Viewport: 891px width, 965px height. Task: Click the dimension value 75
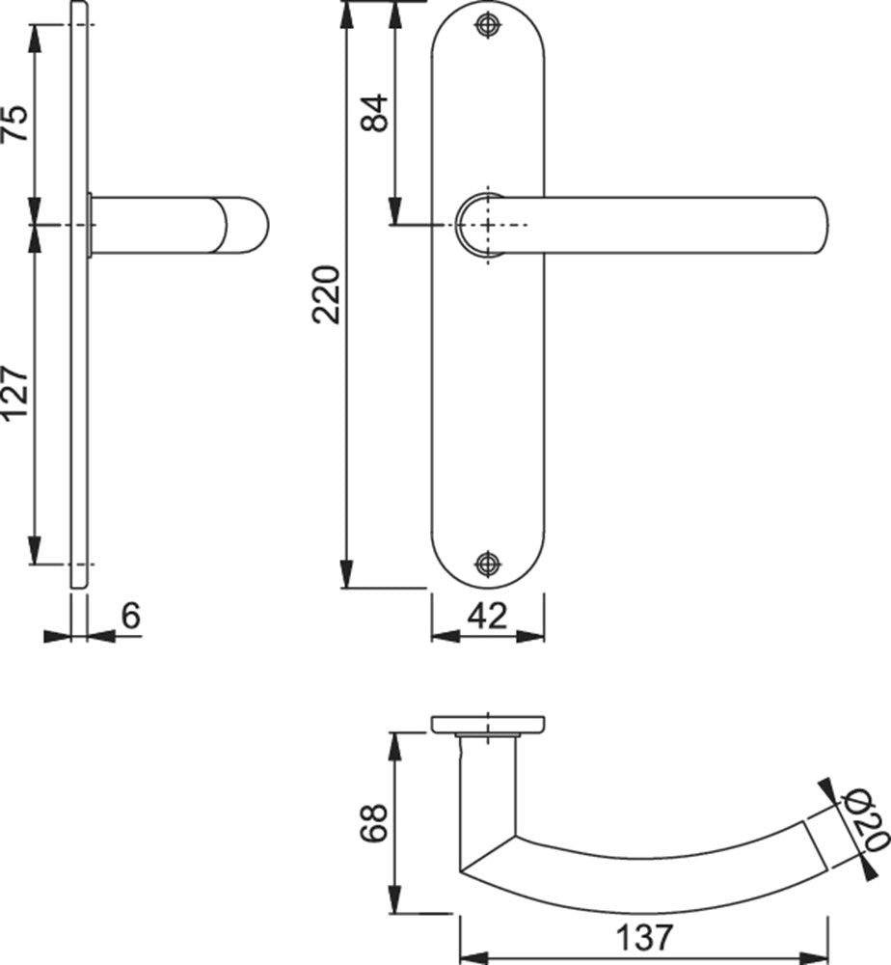coord(16,124)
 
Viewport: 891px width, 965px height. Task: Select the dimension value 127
coord(16,395)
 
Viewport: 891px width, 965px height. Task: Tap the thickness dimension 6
coord(130,616)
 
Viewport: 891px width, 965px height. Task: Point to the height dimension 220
coord(326,294)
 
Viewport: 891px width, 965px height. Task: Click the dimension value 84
coord(375,113)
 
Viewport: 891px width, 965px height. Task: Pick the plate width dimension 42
coord(488,616)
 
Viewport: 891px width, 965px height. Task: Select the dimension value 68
coord(374,822)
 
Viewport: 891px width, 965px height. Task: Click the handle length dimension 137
coord(644,937)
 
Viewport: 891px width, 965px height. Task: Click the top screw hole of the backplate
coord(488,25)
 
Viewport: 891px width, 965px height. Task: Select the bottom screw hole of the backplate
coord(488,564)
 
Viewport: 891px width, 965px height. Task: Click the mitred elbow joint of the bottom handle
coord(487,854)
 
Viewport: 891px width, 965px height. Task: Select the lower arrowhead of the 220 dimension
coord(347,574)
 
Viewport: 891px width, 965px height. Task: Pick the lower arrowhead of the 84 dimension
coord(395,210)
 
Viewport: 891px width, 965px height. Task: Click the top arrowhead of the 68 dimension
coord(394,747)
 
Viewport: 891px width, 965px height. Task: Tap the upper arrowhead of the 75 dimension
coord(35,40)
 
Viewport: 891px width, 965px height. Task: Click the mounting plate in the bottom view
coord(488,725)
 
